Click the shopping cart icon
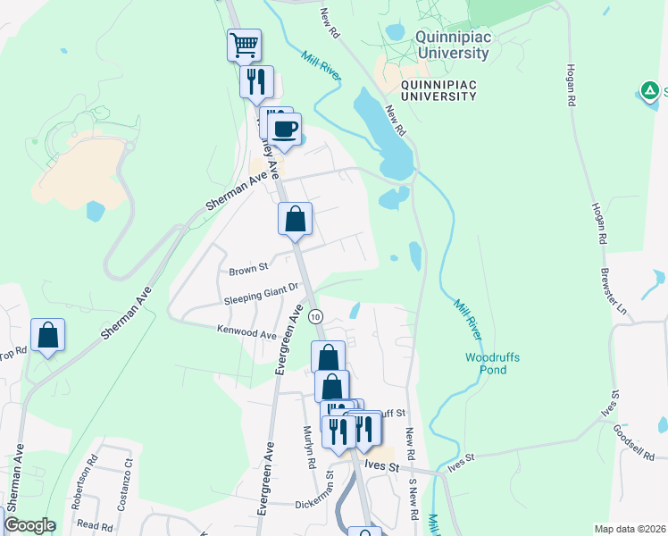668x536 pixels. pos(244,44)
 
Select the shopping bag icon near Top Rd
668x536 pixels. pos(48,336)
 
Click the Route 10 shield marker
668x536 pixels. pos(315,317)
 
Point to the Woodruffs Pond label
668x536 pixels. pos(493,364)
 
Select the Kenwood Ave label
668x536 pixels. pos(246,331)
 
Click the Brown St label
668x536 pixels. pos(248,268)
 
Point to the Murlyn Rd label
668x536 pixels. pos(309,448)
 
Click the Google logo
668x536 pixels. pos(29,525)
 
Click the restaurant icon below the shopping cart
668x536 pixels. pos(256,81)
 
